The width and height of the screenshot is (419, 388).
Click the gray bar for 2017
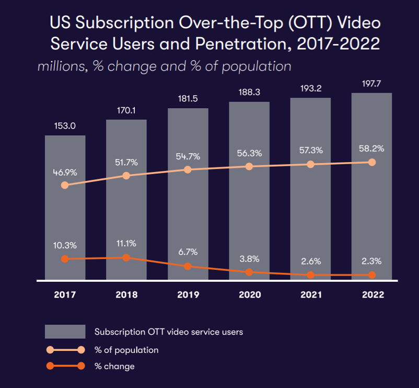point(65,220)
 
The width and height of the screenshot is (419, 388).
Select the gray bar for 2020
point(249,220)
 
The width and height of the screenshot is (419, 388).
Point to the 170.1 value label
point(126,110)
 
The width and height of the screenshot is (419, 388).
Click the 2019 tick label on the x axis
point(188,295)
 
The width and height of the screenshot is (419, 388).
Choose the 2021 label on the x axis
point(311,295)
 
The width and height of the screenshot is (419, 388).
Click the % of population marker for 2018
point(126,176)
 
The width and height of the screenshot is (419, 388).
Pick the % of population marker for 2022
point(372,162)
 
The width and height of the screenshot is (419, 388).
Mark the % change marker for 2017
point(65,259)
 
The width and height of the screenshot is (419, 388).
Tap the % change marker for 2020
point(249,272)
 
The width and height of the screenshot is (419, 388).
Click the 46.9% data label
point(65,172)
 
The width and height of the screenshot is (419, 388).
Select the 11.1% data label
point(126,244)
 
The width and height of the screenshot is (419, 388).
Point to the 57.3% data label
point(311,151)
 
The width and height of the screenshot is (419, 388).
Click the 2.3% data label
point(372,261)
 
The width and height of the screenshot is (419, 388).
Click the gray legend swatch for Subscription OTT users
point(65,332)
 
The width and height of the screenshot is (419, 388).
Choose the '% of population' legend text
point(126,349)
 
